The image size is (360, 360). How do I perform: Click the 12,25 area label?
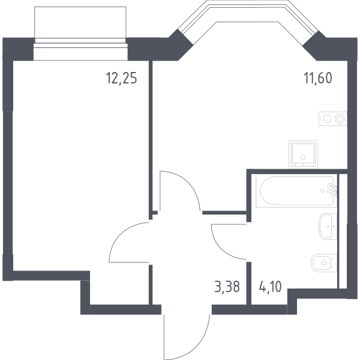click(x=121, y=78)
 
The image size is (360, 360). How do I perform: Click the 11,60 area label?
click(x=318, y=78)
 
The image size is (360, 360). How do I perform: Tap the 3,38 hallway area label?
click(x=227, y=287)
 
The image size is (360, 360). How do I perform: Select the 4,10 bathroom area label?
click(x=270, y=287)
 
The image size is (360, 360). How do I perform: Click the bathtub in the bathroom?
click(x=296, y=191)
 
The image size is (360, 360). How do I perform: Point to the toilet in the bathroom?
click(x=324, y=263)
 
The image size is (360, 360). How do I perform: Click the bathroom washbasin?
click(x=328, y=226)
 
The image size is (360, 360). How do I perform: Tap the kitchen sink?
click(x=303, y=154)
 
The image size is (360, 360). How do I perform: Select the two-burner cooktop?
click(x=332, y=119)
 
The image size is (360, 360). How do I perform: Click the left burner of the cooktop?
click(x=327, y=119)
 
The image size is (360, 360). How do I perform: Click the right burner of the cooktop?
click(x=340, y=119)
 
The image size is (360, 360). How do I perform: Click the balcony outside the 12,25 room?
click(x=80, y=22)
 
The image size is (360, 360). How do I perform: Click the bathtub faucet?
click(x=331, y=189)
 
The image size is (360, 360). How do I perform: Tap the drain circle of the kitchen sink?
click(x=303, y=157)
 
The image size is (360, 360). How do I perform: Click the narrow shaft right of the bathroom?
click(x=343, y=231)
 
